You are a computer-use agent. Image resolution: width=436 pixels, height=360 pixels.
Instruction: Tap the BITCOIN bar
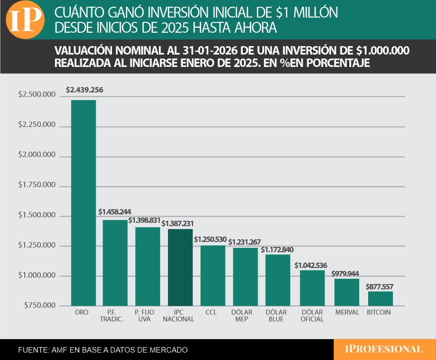[x=380, y=298]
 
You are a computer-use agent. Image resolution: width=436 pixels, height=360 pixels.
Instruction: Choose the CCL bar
[x=213, y=275]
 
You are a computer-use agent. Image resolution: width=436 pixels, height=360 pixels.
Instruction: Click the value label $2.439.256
[x=84, y=90]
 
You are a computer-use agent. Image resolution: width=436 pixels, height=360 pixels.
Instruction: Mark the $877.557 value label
[x=380, y=287]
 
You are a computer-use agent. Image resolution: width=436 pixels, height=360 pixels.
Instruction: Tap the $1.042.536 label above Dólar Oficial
[x=312, y=265]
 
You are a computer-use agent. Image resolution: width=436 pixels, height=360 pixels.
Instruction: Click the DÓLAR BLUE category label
[x=278, y=316]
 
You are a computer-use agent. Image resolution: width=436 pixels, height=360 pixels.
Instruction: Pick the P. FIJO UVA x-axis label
[x=148, y=316]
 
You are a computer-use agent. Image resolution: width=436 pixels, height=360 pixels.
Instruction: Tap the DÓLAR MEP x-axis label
[x=245, y=316]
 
